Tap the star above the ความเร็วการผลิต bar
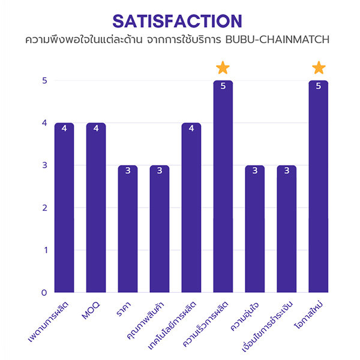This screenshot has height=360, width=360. pyautogui.click(x=223, y=67)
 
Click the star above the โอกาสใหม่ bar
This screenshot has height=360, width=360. pyautogui.click(x=319, y=67)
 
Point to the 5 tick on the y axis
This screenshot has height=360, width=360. pyautogui.click(x=44, y=80)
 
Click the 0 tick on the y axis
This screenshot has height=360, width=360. pyautogui.click(x=44, y=293)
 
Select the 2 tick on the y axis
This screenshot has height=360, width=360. pyautogui.click(x=44, y=208)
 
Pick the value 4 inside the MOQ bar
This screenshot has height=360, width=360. pyautogui.click(x=96, y=128)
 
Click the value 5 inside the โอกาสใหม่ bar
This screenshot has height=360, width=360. pyautogui.click(x=319, y=86)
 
